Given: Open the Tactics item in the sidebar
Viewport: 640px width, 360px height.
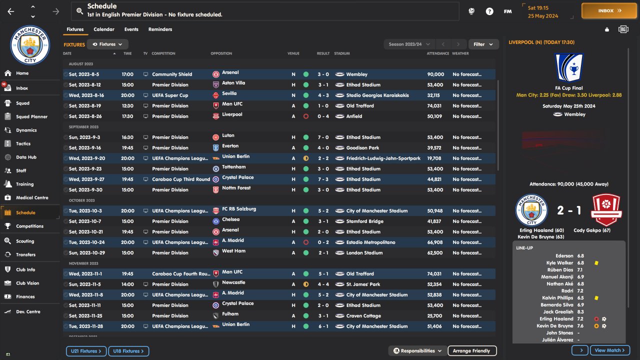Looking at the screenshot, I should point(23,143).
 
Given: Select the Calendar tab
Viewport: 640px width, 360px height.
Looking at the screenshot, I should point(104,29).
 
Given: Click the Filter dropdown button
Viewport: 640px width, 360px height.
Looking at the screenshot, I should point(483,44).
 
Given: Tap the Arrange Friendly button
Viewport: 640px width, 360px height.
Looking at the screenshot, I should point(471,351).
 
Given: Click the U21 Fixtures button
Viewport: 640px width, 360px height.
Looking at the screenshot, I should point(86,351).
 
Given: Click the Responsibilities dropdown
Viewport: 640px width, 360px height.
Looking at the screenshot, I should point(417,351).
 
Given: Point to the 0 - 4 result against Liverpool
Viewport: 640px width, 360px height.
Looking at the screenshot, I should point(323,116).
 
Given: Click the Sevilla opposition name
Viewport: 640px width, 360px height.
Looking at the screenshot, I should point(229,93).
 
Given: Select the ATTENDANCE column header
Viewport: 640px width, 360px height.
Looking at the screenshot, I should point(437,53).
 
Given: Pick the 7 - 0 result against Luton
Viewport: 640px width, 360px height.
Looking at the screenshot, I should point(323,137).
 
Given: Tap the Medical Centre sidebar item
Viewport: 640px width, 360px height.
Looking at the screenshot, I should point(32,197).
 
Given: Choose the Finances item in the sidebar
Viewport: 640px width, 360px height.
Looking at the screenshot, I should point(25,296).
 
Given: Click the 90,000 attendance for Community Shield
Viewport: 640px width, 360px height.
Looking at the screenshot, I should point(435,74).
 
